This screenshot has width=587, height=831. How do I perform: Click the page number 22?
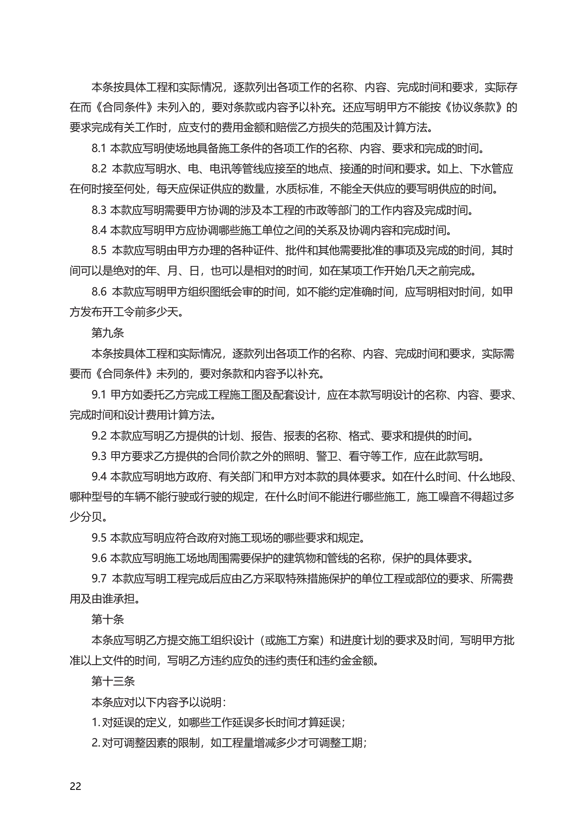pos(75,786)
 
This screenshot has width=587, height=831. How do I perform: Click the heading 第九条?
pos(108,333)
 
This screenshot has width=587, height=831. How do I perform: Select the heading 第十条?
pos(108,619)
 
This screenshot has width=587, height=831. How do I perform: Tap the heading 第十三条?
pos(113,681)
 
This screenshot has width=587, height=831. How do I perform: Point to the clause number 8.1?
pos(98,148)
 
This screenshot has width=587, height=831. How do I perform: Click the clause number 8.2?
pos(99,169)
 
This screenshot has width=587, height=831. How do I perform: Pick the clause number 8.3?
pos(98,210)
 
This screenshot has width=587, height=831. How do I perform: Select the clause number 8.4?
pos(99,230)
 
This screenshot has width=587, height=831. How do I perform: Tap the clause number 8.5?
pos(99,250)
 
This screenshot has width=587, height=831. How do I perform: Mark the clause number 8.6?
pos(99,292)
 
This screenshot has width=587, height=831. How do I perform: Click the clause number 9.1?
pos(98,394)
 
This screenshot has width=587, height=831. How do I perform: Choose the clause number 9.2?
pos(99,436)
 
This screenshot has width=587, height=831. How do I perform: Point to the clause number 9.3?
pos(99,456)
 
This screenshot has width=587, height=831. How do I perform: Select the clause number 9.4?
pos(99,477)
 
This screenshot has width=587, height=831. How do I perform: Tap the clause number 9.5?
pos(99,538)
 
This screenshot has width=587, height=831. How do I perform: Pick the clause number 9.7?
pos(99,579)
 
